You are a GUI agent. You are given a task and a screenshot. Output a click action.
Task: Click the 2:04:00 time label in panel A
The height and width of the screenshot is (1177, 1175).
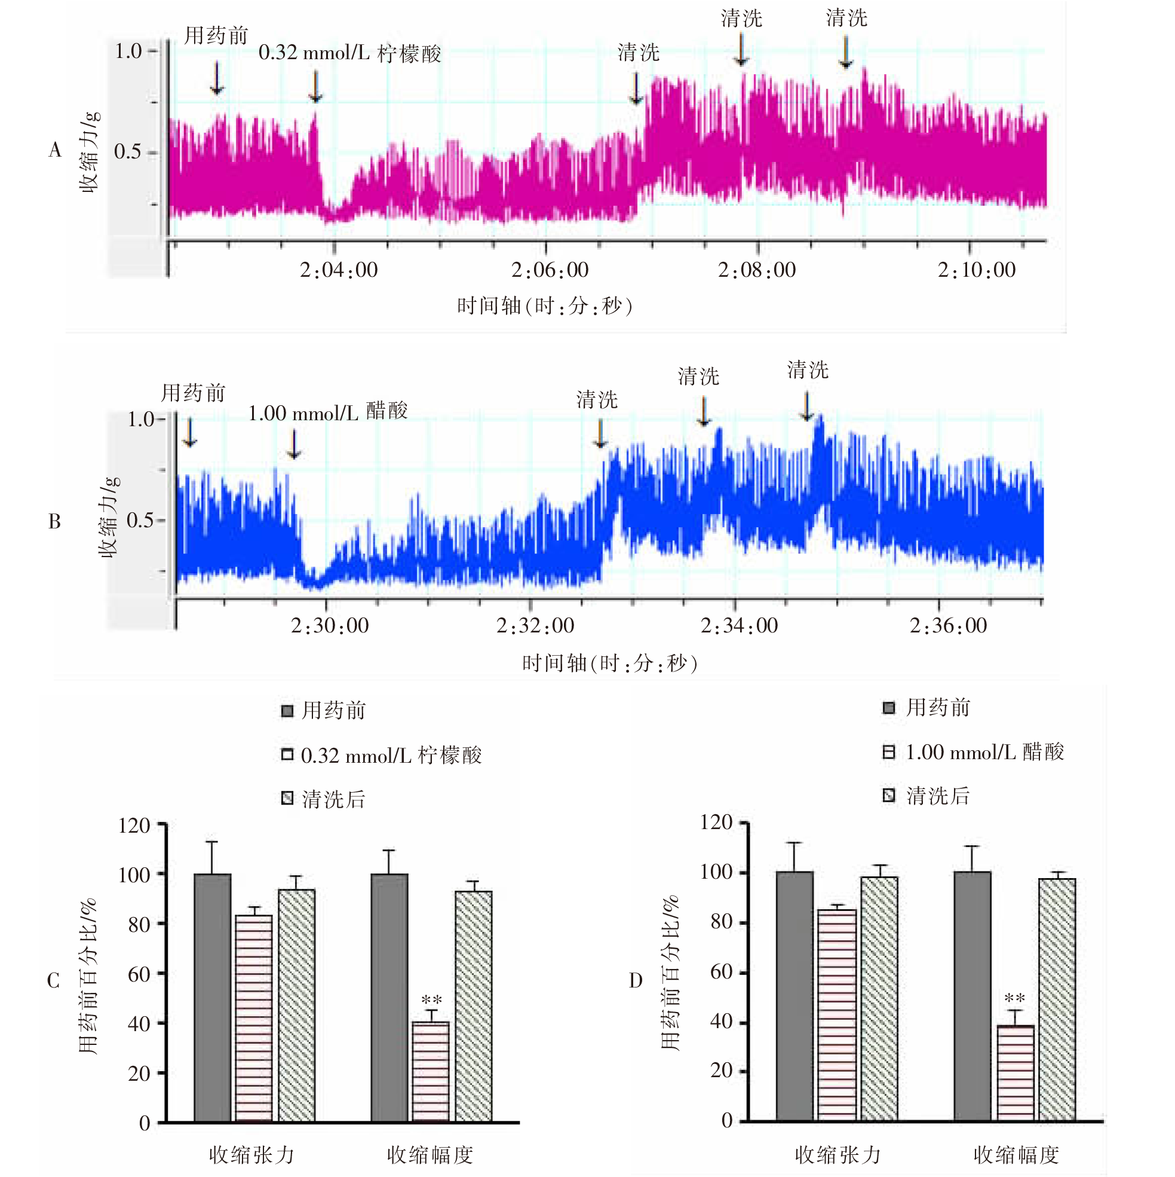coord(339,270)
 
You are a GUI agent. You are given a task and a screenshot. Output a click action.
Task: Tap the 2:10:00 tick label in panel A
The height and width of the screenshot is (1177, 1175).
coord(976,270)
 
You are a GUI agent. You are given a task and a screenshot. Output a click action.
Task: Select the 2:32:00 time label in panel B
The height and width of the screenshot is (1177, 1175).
coord(535,626)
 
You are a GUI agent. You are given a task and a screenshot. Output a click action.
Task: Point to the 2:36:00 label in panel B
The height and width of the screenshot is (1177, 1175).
coord(948,626)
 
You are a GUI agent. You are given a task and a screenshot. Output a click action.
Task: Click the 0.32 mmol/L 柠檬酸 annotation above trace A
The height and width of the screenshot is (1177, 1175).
coord(349,53)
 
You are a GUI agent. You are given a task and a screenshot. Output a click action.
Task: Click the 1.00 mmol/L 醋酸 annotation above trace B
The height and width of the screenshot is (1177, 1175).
coord(327,412)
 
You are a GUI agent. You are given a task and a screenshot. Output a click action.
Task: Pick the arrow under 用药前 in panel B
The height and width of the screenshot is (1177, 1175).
coord(190,433)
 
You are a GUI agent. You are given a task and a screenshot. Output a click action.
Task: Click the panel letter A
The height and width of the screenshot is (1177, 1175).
coord(55,150)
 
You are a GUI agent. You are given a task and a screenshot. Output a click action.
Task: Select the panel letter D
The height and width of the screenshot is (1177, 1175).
coord(635,980)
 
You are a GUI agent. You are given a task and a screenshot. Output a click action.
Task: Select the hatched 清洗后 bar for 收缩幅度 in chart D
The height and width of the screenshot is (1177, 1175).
coord(1057,999)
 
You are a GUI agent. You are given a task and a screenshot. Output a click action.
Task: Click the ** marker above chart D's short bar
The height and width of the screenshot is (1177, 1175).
coord(1014,998)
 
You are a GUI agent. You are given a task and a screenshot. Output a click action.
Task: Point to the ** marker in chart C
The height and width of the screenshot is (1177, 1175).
coord(431,1000)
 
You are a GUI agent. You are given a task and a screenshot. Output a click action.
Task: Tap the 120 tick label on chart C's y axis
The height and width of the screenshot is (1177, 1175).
coord(134,826)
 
